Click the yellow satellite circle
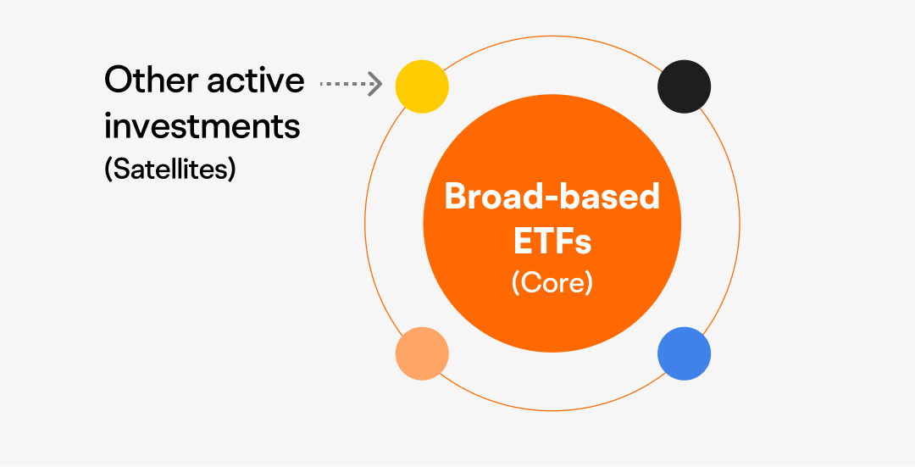coord(422,86)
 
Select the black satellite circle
coord(684,86)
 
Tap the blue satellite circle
coord(684,353)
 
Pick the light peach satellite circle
coord(422,353)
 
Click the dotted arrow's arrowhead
coord(375,83)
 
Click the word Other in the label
coord(151,80)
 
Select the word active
coord(256,80)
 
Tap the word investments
coord(202,125)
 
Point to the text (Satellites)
coord(169,169)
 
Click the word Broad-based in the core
coord(552,197)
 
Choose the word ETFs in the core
coord(552,240)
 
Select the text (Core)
coord(552,282)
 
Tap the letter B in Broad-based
coord(456,197)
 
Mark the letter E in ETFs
coord(523,240)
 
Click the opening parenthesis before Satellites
coord(108,169)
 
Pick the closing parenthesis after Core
coord(590,282)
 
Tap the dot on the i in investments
coord(108,114)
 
